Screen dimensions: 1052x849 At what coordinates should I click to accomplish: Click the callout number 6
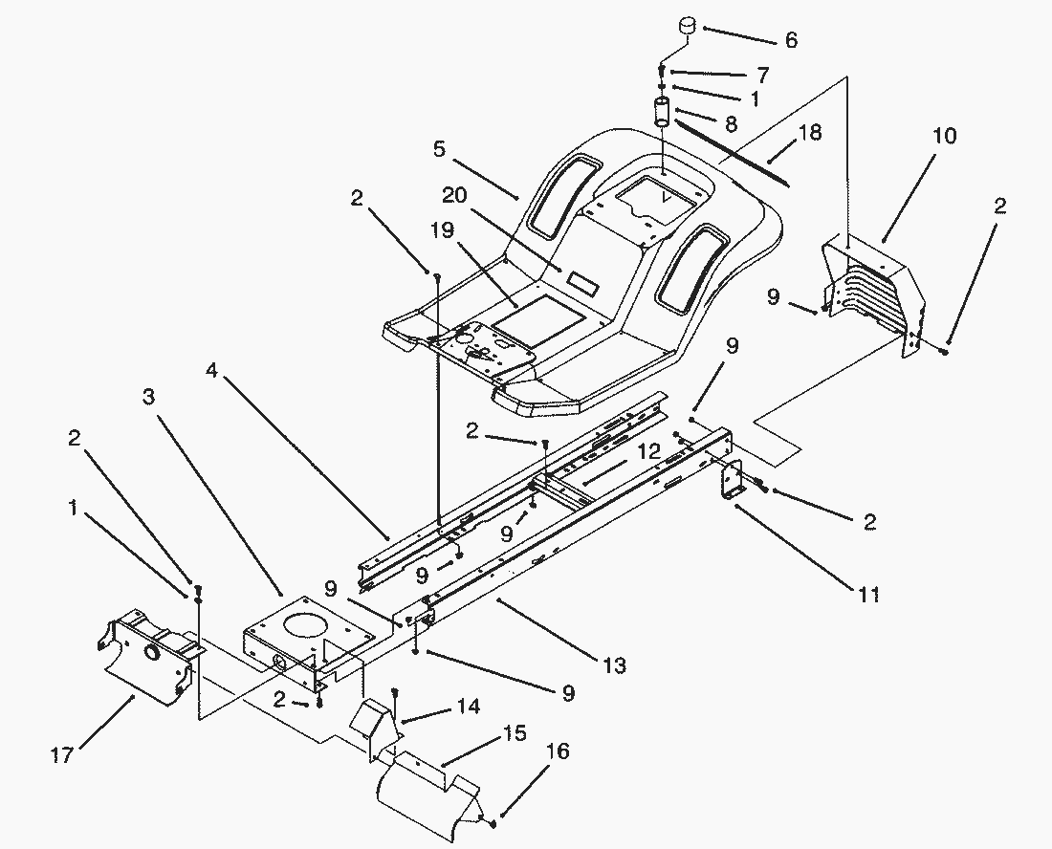tap(791, 40)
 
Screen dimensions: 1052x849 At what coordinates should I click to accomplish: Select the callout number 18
tap(810, 132)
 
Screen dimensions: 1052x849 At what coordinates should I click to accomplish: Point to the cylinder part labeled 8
tap(662, 112)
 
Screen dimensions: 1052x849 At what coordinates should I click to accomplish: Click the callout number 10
tap(945, 136)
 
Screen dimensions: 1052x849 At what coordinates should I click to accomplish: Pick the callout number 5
tap(439, 149)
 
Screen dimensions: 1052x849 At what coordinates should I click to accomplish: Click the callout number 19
tap(443, 230)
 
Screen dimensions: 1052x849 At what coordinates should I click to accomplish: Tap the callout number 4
tap(212, 369)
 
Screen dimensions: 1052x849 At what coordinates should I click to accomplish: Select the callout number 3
tap(148, 397)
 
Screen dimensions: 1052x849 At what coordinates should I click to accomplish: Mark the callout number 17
tap(61, 756)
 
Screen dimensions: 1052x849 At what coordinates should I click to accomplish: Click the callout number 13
tap(615, 666)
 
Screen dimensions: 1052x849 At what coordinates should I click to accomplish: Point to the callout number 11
tap(868, 595)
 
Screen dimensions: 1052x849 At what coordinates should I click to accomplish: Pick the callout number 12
tap(648, 451)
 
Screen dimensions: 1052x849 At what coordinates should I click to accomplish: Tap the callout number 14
tap(469, 707)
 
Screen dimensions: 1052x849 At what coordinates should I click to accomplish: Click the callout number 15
tap(515, 733)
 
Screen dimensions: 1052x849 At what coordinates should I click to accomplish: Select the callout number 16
tap(558, 751)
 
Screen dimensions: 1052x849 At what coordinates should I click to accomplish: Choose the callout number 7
tap(763, 75)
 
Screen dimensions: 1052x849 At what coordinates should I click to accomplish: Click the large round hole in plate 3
tap(309, 623)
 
